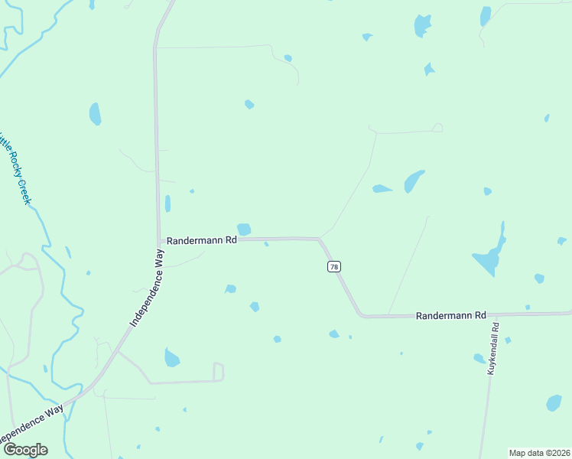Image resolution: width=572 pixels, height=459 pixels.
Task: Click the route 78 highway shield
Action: [x=334, y=266]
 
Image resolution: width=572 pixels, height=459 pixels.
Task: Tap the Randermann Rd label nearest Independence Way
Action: [x=203, y=239]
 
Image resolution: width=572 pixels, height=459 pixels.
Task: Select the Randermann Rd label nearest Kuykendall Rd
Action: [x=451, y=315]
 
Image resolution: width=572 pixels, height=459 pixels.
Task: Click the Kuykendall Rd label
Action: [x=495, y=348]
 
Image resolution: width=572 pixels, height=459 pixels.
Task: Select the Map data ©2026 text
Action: [x=540, y=453]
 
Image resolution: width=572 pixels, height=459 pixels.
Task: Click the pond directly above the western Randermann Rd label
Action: [x=244, y=229]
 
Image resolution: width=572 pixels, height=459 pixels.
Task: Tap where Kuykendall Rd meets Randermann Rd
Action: [x=494, y=314]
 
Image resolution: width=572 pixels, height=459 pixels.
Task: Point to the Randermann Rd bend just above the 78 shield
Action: [x=319, y=239]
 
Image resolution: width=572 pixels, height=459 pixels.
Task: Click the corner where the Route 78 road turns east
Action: [x=360, y=314]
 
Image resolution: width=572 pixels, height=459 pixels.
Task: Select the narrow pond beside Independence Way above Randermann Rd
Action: [x=167, y=203]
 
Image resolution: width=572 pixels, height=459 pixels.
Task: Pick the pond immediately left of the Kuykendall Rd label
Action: [x=479, y=358]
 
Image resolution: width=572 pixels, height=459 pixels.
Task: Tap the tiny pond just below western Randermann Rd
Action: [x=266, y=244]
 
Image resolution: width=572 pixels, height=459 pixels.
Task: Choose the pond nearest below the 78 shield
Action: [x=333, y=334]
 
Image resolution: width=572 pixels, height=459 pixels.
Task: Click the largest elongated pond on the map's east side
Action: [x=490, y=254]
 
